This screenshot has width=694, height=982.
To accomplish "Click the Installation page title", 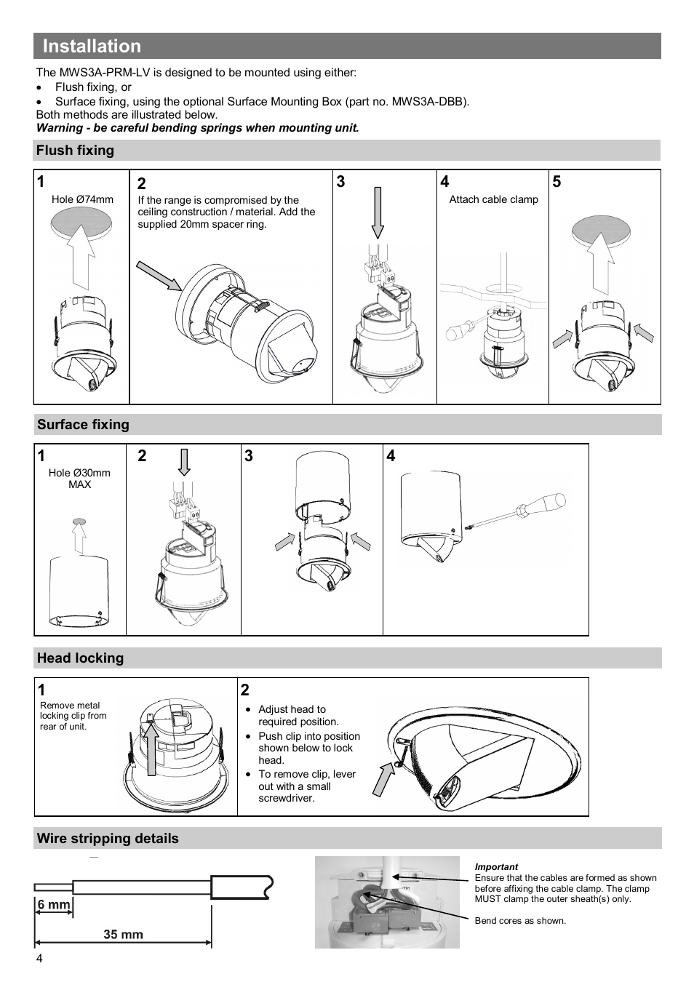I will [x=92, y=46].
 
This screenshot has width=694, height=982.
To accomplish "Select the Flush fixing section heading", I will [x=76, y=151].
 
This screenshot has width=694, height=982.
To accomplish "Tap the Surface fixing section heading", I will [x=83, y=425].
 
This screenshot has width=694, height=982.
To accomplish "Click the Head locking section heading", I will [x=80, y=658].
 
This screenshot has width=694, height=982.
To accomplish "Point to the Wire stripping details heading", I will [x=108, y=839].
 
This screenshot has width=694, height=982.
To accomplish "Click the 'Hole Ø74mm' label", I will [x=82, y=199].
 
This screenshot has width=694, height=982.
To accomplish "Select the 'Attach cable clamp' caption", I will [x=493, y=199].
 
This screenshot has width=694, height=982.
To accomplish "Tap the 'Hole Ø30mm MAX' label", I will [x=79, y=479].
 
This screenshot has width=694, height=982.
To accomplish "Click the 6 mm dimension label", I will [x=54, y=905].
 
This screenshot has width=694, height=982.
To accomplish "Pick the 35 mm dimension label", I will [x=123, y=934].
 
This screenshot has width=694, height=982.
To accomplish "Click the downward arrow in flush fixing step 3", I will [x=378, y=212].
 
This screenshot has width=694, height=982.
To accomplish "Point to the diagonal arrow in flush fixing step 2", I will [x=159, y=276].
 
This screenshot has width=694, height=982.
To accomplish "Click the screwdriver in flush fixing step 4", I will [x=465, y=326].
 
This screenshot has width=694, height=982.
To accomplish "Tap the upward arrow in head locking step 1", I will [x=151, y=749].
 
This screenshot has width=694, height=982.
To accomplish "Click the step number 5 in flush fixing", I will [x=557, y=182].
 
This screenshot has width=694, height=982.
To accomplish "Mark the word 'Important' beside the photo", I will [x=496, y=867].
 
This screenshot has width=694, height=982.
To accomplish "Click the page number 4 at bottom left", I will [x=39, y=959].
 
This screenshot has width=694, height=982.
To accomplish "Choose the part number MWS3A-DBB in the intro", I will [x=430, y=102].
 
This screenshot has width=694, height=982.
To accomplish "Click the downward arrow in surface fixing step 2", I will [x=184, y=461].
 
